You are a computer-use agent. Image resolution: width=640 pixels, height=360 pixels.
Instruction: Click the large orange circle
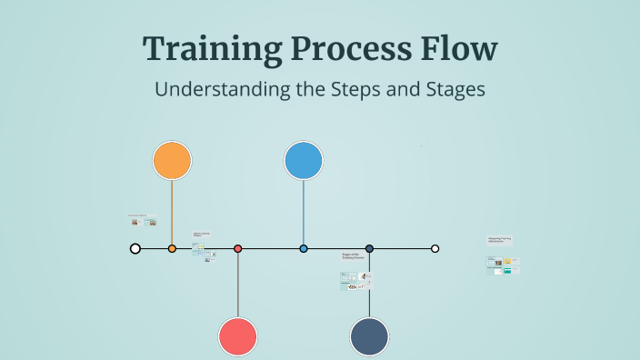tap(172, 161)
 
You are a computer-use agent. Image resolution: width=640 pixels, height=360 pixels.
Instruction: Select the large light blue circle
tap(304, 161)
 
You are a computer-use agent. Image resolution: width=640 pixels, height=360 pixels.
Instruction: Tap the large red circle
tap(237, 336)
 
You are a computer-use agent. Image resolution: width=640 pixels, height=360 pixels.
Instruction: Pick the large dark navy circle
tap(369, 336)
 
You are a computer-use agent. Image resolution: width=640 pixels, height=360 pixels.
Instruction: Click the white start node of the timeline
tap(135, 248)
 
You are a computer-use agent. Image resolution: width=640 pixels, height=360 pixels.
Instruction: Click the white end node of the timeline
tap(435, 248)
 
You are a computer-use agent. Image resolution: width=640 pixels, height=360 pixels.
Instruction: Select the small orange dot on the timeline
tap(172, 248)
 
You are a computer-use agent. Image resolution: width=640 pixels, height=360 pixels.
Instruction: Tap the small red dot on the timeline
tap(237, 248)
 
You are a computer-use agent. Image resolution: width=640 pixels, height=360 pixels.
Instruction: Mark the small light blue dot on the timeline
tap(304, 248)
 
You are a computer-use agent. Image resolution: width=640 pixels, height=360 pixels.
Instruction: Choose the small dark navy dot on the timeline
tap(369, 248)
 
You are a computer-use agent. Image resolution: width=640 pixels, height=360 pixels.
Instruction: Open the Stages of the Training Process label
tap(352, 257)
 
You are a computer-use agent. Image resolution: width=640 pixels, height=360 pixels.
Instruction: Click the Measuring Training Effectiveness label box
tap(499, 240)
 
